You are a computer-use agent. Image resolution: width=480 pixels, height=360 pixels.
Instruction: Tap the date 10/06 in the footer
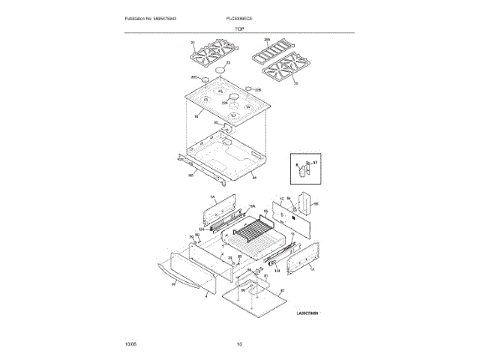point(130,344)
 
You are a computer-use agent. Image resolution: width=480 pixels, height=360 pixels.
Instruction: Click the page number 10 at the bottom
point(239,344)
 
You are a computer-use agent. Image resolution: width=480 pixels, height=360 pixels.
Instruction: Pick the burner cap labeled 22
point(220,70)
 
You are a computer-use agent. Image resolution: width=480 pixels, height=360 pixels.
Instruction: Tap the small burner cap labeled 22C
point(205,79)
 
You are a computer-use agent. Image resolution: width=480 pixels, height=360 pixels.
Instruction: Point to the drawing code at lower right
point(307,313)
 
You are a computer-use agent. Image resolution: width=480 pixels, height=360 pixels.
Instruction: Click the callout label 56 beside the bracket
point(316,203)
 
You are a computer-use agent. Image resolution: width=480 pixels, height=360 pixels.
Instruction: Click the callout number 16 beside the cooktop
point(196,116)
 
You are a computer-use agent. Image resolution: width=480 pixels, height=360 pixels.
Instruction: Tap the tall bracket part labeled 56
point(306,203)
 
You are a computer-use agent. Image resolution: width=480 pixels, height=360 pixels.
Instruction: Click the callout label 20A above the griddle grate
point(266,40)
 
